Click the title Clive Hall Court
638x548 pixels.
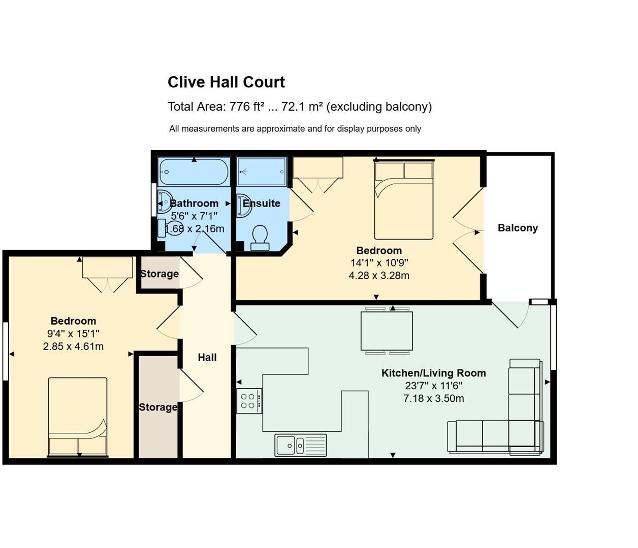tap(226, 82)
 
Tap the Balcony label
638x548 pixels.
tap(518, 228)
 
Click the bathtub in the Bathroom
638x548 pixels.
tap(194, 172)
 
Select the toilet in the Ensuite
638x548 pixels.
tap(260, 237)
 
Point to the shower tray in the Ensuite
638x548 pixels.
tap(262, 172)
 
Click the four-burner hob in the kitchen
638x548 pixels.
tap(249, 400)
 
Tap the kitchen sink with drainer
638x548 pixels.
tap(300, 445)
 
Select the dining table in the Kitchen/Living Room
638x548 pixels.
tap(387, 331)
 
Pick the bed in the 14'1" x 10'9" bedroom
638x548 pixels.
tap(404, 200)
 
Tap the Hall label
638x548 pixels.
tap(207, 357)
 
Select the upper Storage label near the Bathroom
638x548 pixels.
tap(159, 274)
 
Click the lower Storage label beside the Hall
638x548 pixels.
tap(158, 407)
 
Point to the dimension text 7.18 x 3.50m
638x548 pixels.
tap(433, 398)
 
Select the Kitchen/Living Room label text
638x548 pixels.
tap(433, 373)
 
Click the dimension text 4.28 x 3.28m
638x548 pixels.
tap(379, 276)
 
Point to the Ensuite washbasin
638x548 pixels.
tap(244, 205)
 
